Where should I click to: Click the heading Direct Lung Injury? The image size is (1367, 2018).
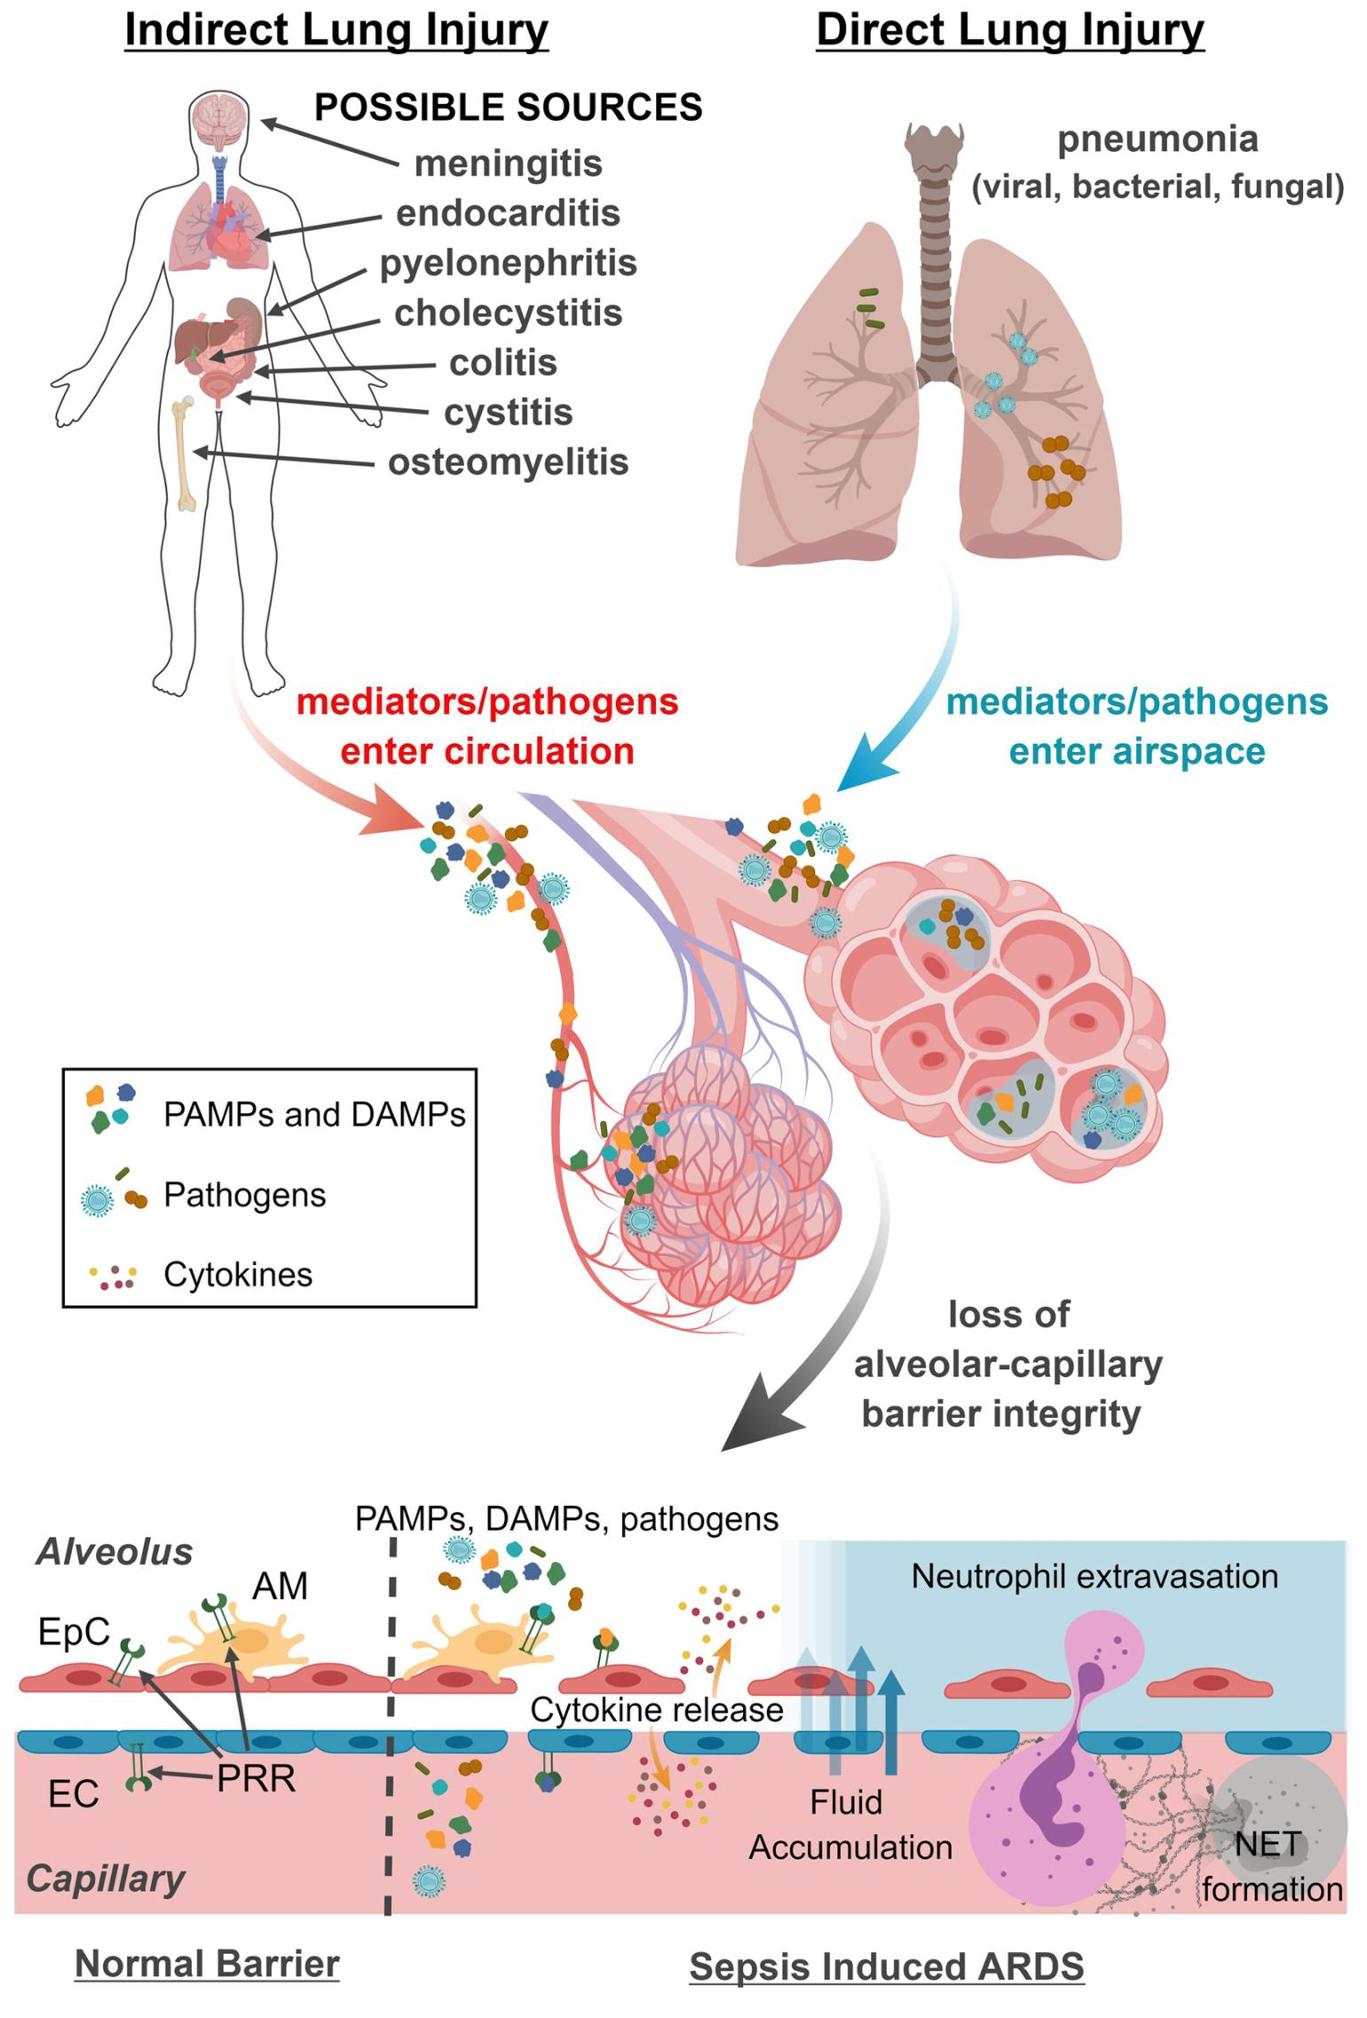pos(1009,30)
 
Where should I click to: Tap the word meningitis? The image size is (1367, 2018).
pos(508,163)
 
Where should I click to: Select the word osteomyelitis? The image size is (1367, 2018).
pos(508,463)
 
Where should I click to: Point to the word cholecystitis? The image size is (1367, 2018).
pos(508,313)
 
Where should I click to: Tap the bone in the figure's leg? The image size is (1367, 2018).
pos(185,453)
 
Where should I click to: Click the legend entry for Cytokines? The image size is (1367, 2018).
pos(238,1275)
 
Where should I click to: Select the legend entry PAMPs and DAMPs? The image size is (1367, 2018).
pos(313,1114)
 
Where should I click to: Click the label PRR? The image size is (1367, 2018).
pos(256,1778)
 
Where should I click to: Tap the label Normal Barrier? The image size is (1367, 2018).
pos(207,1963)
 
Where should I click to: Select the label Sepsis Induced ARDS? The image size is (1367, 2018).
pos(886,1966)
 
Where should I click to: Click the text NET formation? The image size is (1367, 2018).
pos(1271,1866)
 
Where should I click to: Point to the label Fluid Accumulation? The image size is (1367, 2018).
pos(849,1825)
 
